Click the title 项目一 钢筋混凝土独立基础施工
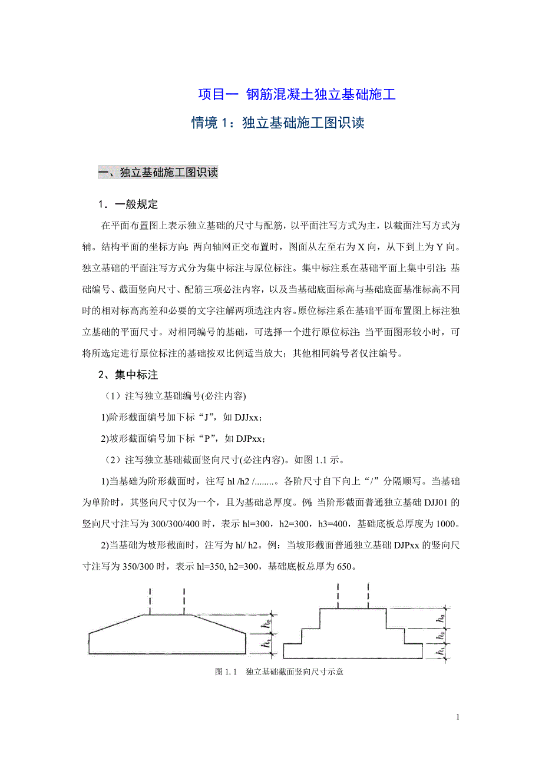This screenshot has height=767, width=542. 296,94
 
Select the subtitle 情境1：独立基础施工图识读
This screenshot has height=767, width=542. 278,123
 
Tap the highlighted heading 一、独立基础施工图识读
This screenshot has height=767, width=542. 158,173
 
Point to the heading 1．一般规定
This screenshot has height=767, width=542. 128,205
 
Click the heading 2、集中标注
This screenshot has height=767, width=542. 128,375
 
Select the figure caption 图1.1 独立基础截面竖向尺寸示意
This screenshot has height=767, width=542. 279,672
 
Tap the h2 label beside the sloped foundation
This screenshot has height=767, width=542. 268,620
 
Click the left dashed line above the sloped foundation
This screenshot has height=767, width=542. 150,601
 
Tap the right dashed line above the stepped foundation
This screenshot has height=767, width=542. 369,595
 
